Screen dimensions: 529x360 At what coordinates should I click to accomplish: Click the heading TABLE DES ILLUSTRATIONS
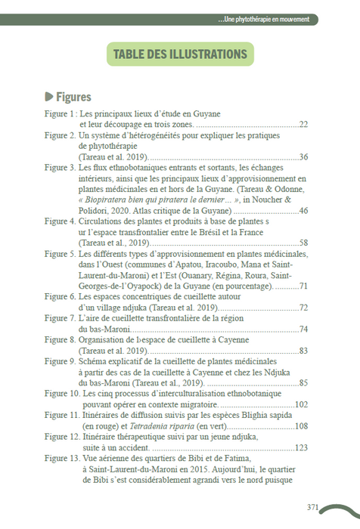(x=179, y=54)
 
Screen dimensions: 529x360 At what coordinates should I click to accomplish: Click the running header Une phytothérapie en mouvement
(x=263, y=19)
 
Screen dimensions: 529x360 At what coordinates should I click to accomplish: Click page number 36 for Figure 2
(x=303, y=156)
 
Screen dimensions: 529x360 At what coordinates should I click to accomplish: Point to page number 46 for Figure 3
(x=303, y=210)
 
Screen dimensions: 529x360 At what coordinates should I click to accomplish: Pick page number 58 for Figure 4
(x=303, y=243)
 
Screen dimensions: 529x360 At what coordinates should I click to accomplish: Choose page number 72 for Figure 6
(x=303, y=308)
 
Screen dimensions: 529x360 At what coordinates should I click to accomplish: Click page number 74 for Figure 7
(x=303, y=329)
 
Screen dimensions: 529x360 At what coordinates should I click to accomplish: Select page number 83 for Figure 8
(x=303, y=351)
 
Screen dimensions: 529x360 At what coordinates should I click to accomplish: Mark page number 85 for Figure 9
(x=303, y=383)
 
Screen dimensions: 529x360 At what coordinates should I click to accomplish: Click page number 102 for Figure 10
(x=301, y=405)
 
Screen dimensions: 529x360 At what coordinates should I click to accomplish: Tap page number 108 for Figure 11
(x=301, y=427)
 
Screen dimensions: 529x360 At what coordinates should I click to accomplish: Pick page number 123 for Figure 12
(x=301, y=448)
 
